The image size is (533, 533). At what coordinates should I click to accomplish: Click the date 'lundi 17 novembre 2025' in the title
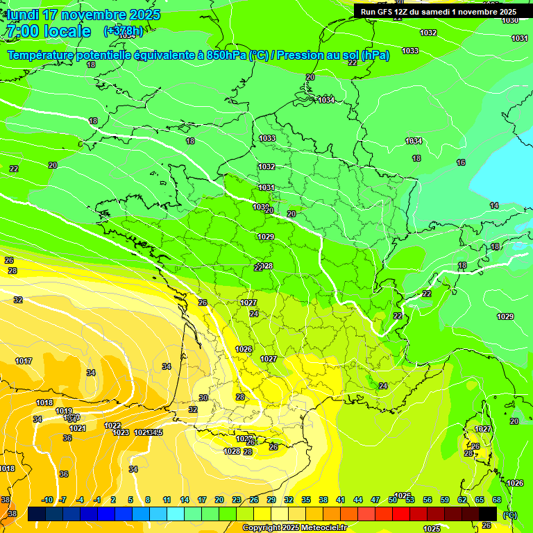pos(83,15)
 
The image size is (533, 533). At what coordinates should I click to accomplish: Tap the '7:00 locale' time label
pos(49,31)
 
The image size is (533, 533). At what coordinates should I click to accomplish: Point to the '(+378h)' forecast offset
pos(124,31)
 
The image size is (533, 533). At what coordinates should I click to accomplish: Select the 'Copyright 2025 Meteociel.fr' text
pos(294,527)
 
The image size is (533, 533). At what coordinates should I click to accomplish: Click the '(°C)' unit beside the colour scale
pos(509,515)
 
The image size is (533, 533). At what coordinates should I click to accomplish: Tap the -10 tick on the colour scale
pos(47,500)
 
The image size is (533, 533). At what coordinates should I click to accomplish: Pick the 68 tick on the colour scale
pos(497,500)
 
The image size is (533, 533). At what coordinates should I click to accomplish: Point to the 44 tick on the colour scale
pos(357,500)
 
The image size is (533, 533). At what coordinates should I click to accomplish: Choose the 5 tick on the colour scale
pos(130,500)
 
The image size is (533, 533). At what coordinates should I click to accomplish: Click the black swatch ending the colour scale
pos(488,514)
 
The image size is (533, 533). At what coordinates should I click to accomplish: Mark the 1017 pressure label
pos(24,361)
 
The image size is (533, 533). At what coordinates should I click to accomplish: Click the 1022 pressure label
pos(112,425)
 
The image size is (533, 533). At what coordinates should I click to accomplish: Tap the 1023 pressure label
pos(121,432)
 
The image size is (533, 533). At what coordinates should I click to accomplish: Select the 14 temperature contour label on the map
pos(494,205)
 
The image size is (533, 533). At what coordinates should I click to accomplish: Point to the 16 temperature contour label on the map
pos(461,162)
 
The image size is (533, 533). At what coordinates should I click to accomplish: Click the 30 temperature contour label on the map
pos(203,398)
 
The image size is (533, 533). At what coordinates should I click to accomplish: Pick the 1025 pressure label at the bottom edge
pos(432,528)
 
